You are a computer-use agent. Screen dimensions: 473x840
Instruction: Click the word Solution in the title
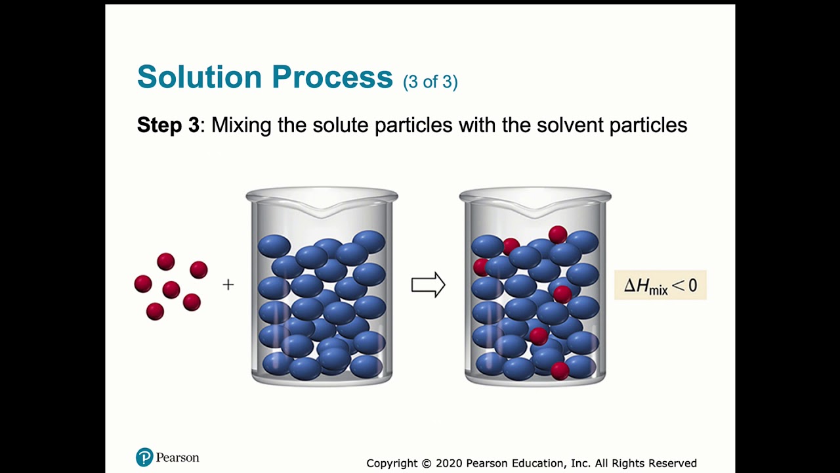[199, 77]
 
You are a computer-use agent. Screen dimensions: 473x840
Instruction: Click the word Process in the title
[332, 77]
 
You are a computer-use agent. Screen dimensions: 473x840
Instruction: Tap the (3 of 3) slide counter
[430, 82]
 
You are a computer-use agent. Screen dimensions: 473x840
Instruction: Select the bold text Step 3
[168, 125]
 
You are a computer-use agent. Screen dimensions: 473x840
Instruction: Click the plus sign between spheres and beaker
[228, 284]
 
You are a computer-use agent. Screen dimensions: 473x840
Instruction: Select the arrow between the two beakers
[428, 285]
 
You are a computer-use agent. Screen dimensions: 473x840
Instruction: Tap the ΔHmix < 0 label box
[660, 286]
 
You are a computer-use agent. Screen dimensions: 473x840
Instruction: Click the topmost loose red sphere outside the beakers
[166, 262]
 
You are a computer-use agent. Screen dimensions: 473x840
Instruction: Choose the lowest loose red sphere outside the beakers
[155, 311]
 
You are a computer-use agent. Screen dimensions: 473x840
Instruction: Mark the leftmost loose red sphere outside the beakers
[143, 284]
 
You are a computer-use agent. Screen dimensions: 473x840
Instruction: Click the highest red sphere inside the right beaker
[558, 235]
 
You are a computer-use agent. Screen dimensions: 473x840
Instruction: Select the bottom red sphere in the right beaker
[560, 371]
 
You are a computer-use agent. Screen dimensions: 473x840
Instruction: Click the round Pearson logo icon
[144, 457]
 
